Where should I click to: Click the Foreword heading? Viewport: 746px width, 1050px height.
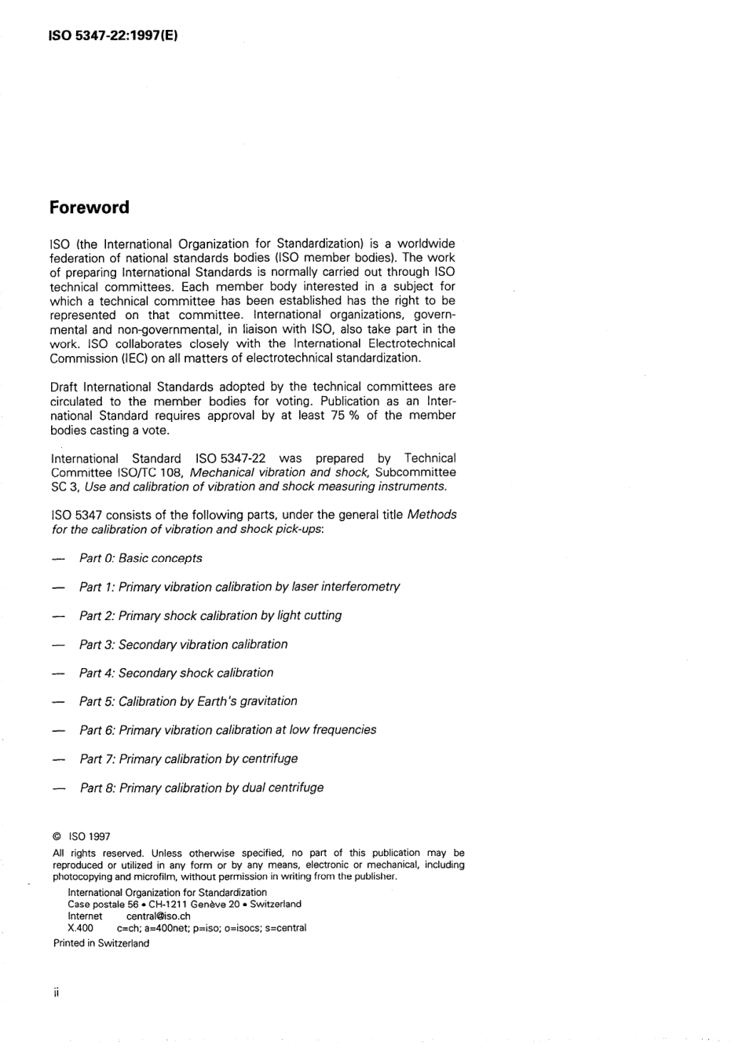(89, 208)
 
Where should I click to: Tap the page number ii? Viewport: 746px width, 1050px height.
(56, 993)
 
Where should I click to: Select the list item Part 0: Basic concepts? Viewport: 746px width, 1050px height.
(141, 558)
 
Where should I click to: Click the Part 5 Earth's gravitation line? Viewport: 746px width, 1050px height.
(188, 701)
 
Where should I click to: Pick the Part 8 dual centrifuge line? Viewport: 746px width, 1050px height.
(201, 787)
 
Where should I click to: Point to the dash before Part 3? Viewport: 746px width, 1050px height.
(57, 645)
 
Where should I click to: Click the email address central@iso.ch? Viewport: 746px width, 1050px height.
(158, 916)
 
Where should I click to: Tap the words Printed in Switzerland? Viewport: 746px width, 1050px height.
(101, 943)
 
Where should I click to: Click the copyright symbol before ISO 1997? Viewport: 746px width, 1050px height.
(57, 837)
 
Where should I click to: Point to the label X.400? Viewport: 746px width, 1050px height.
(81, 927)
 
